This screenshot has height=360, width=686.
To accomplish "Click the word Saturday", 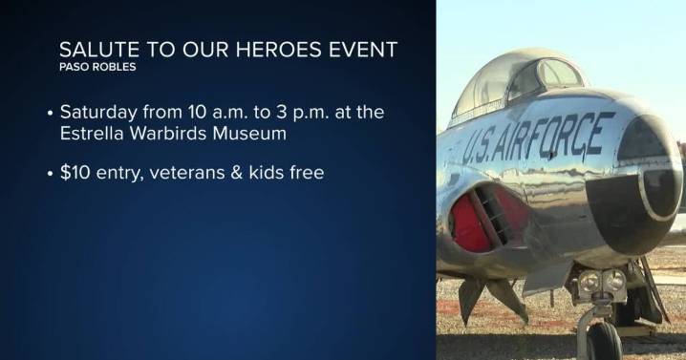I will coord(97,113).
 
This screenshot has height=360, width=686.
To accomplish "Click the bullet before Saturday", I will coord(50,114).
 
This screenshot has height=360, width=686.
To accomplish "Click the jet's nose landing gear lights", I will coord(601,284).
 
